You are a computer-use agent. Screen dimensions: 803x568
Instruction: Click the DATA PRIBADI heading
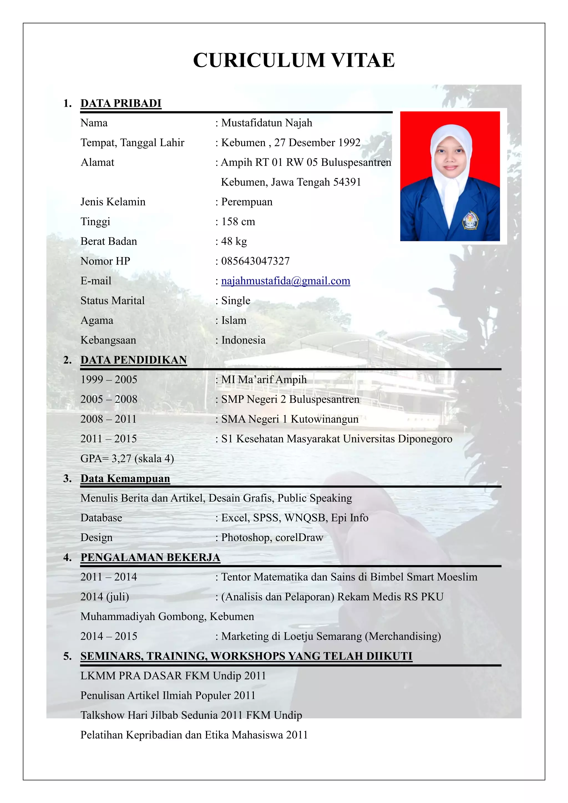point(121,103)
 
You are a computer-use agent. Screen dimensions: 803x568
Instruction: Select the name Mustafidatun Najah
point(267,123)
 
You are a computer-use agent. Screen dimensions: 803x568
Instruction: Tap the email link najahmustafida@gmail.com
point(285,281)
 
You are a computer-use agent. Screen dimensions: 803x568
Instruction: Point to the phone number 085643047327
point(255,261)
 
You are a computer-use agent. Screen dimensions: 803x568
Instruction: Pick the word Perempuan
point(247,202)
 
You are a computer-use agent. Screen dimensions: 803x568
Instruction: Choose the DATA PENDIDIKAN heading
point(134,360)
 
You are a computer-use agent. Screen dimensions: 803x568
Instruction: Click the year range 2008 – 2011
point(108,419)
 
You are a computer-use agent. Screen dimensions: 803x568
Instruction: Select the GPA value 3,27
point(121,459)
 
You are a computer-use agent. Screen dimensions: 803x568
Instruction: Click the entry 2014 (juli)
point(105,597)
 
